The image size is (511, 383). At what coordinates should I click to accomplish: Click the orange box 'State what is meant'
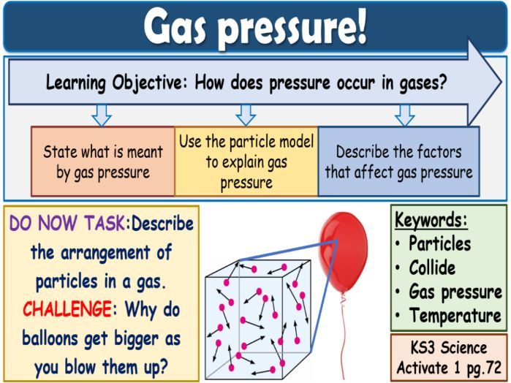[x=103, y=162]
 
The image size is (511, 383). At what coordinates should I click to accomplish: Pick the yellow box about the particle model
[x=246, y=162]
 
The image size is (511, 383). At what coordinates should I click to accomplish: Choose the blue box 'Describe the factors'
[x=398, y=162]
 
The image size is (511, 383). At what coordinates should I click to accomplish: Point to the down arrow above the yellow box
[x=246, y=114]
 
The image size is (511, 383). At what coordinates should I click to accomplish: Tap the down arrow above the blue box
[x=404, y=115]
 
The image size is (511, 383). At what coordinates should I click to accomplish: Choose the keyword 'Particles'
[x=439, y=243]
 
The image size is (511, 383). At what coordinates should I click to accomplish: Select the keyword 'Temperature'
[x=455, y=316]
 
